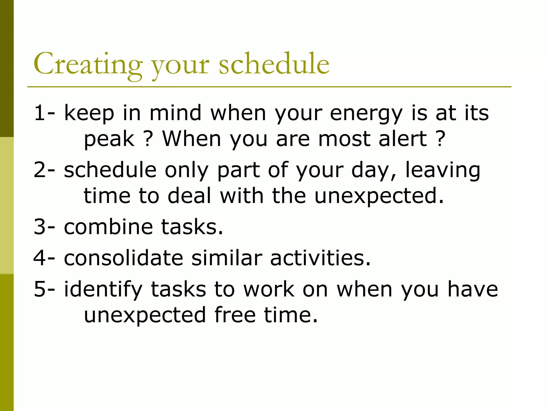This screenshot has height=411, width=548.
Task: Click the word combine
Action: [108, 227]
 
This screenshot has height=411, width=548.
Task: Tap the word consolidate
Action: [123, 258]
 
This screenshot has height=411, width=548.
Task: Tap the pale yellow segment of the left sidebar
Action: [7, 205]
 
